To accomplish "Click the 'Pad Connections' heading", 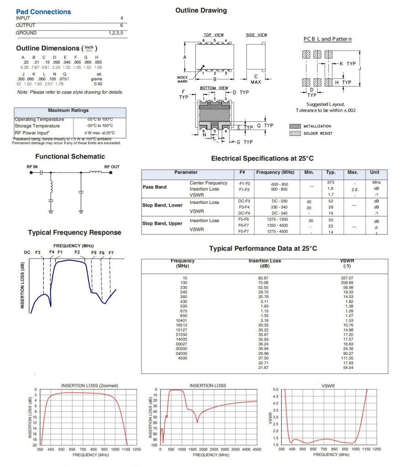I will pos(43,12).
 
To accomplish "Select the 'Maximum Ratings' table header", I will pos(68,110).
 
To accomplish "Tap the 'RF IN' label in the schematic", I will pos(32,167).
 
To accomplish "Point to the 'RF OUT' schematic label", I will pos(112,167).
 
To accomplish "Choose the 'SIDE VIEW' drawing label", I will pos(256,35).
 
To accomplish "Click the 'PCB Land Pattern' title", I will pos(328,39).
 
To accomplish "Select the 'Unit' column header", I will pos(375,172).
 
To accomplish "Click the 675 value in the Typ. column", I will pos(331,183).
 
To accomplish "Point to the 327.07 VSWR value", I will pos(347,278).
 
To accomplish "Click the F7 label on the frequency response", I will pos(111,252).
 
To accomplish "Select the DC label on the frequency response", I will pos(27,252).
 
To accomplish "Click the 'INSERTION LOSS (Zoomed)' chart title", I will pos(89,385).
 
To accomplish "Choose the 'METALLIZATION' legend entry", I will pos(317,126).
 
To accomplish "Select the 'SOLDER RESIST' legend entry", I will pos(318,134).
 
